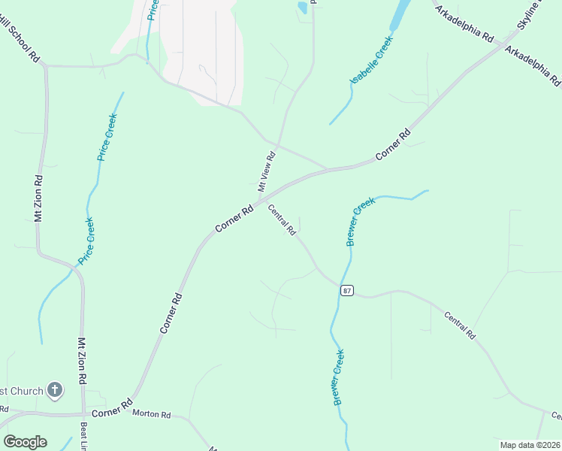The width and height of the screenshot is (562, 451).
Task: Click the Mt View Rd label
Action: coord(267,171)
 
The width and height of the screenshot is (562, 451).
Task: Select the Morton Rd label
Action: coord(152,414)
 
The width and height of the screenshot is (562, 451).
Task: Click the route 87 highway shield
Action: coord(346,291)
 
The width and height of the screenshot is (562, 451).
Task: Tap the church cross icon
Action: coord(54,389)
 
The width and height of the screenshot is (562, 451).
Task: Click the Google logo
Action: coord(25,442)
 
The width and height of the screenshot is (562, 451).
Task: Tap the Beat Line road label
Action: coord(83,436)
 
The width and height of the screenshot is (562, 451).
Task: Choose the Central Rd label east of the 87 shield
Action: coord(459,325)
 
